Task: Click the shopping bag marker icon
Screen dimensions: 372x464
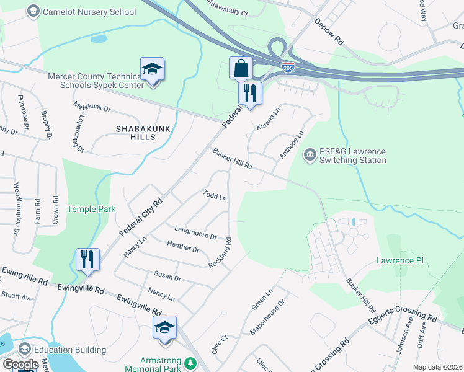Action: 241,68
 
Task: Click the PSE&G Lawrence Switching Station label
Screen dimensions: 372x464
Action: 352,156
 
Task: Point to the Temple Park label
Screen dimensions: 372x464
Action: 91,210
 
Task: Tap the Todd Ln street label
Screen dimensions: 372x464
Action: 215,195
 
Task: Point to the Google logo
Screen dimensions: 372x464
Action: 20,365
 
